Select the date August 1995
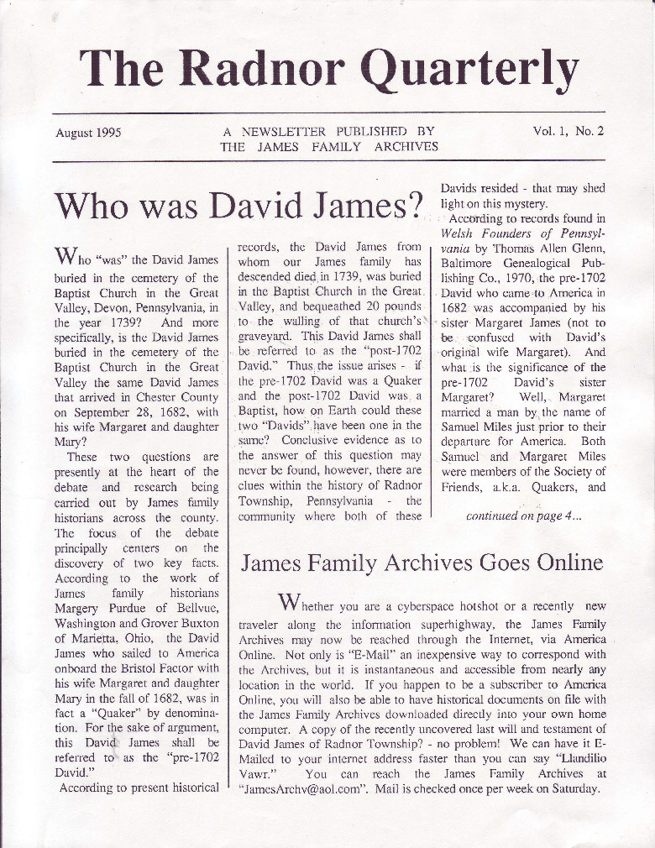pos(89,133)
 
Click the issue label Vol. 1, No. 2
pos(569,131)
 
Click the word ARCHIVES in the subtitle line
pos(406,146)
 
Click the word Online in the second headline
pos(561,562)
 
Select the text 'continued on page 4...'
pos(524,516)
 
